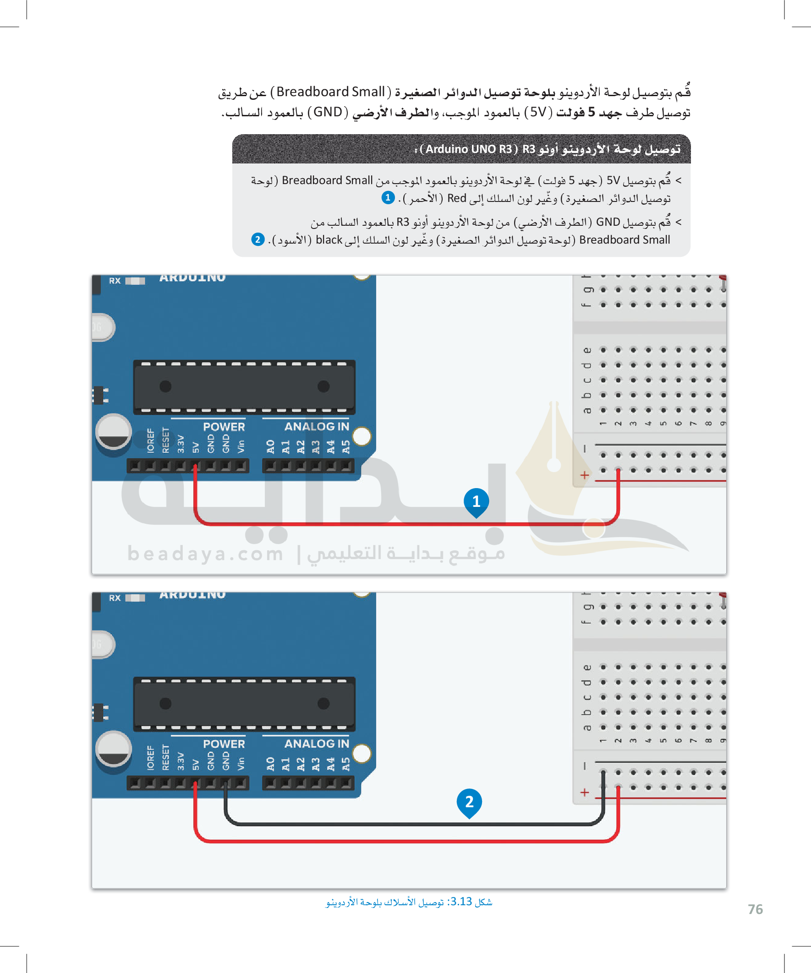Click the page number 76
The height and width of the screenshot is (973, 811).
tap(755, 909)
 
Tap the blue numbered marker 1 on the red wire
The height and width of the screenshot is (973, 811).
tap(476, 501)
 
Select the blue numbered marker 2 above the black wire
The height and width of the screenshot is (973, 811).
tap(469, 802)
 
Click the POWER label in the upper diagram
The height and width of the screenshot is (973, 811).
tap(224, 427)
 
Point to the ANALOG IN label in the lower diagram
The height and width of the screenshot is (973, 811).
tap(317, 744)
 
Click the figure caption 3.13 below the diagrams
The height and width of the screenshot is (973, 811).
tap(409, 902)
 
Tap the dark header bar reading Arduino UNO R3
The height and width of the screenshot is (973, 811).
tap(461, 149)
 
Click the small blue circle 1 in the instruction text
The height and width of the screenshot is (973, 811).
tap(388, 198)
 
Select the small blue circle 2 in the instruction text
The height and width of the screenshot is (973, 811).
tap(258, 239)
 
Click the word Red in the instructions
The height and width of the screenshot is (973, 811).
tap(456, 198)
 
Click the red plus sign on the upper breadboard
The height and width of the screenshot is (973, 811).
tap(584, 475)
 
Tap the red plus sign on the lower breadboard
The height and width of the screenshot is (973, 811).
tap(584, 792)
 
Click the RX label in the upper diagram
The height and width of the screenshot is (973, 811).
tap(115, 281)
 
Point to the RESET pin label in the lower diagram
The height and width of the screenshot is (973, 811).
tap(165, 757)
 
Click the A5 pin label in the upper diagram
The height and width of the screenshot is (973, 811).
tap(346, 446)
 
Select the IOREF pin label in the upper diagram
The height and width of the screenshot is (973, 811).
tap(151, 440)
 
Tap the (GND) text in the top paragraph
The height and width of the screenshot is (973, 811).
tap(327, 112)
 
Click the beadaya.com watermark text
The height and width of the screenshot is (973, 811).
tap(205, 554)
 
